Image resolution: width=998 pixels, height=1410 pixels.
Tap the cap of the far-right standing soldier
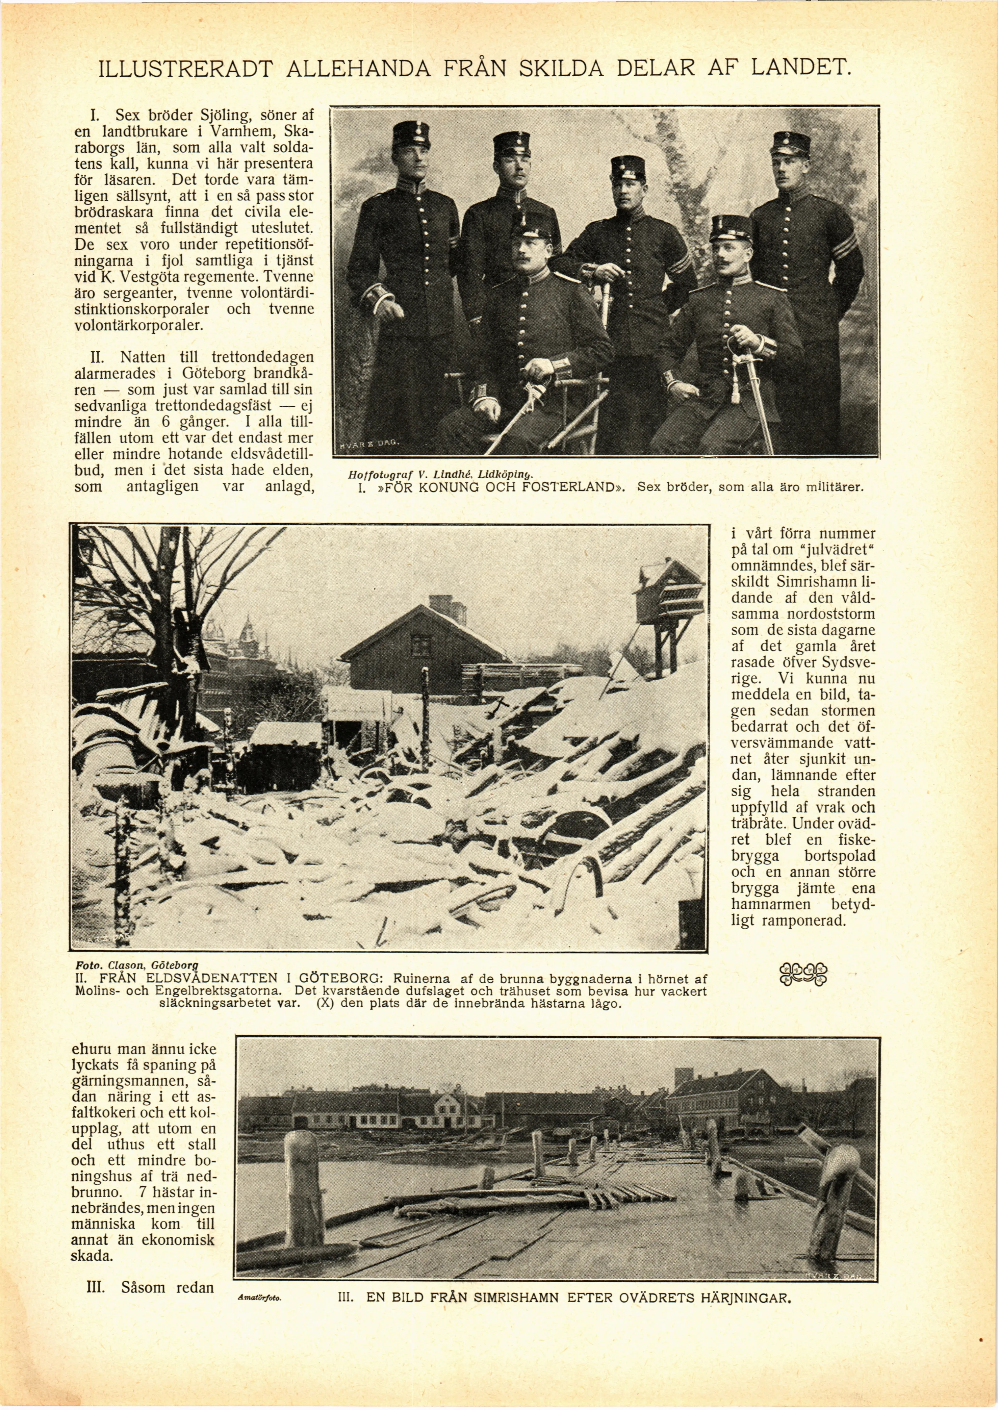pos(790,143)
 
